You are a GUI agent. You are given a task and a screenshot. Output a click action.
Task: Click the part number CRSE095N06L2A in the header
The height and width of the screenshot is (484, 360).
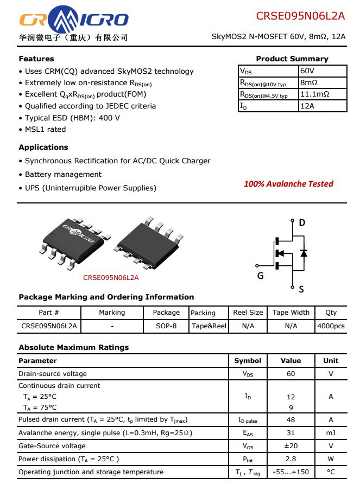pos(300,16)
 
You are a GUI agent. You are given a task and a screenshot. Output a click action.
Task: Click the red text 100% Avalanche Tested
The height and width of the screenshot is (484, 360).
pos(288,184)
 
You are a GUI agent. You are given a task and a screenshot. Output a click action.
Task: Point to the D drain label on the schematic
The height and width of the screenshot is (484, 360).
pos(302,222)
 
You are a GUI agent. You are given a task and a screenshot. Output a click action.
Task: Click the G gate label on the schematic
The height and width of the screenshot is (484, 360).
pos(260,276)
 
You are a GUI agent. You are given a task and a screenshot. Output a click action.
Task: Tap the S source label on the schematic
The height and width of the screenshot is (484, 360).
pos(301,289)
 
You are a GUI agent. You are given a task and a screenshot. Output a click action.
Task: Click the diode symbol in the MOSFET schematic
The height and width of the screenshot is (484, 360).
pos(304,253)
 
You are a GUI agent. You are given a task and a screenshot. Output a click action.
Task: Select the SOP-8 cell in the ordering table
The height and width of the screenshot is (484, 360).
pos(166,326)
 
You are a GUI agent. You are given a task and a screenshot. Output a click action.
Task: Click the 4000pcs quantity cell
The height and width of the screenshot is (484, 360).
pos(331,326)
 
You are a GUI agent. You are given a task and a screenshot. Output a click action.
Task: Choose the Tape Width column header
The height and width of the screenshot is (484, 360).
pos(291,313)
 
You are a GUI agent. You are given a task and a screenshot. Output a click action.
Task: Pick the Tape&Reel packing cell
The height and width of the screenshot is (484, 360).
pos(209,326)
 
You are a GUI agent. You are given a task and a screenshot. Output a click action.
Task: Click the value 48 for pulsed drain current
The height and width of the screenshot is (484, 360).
pos(290,420)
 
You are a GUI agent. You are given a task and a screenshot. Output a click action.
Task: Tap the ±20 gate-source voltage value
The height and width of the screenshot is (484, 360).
pos(290,446)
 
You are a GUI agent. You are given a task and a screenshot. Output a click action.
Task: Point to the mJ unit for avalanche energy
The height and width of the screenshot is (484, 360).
pos(331,433)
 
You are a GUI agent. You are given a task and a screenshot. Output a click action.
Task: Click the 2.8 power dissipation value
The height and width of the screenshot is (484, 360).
pos(290,459)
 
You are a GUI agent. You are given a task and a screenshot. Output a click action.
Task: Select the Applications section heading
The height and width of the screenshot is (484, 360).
pos(43,148)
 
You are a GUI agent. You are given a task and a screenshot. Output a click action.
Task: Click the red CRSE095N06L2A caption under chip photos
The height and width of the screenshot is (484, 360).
pos(111,278)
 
